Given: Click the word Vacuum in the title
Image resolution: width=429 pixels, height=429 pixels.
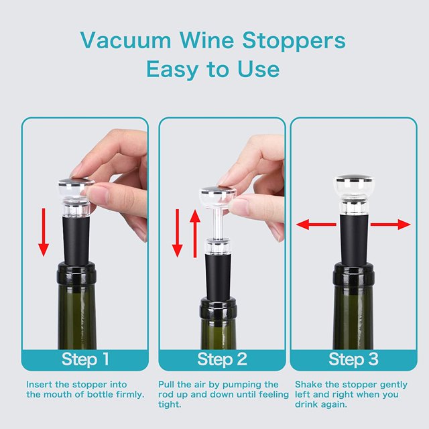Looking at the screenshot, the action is [x=126, y=40].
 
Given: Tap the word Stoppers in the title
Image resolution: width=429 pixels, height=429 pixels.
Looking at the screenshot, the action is [x=294, y=41].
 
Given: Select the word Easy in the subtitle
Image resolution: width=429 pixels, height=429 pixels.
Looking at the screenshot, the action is [x=172, y=70].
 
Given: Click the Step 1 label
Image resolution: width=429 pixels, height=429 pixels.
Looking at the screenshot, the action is [x=85, y=359].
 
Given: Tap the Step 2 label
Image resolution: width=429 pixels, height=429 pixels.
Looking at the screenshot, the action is [x=222, y=359].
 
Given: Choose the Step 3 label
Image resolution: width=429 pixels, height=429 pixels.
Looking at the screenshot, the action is [x=353, y=359].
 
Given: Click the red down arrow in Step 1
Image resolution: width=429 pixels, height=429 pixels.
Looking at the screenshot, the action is [x=43, y=232].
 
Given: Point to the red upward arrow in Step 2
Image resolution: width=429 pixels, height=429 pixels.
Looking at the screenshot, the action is [x=195, y=233].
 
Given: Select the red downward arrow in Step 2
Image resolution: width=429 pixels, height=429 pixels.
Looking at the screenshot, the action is [x=177, y=233].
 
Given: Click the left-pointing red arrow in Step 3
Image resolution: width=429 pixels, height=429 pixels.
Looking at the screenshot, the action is [x=316, y=225].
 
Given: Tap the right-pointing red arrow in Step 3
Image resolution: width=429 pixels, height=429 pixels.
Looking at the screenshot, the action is [x=391, y=225].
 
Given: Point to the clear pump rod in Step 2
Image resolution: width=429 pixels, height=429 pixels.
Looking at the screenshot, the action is [x=217, y=221].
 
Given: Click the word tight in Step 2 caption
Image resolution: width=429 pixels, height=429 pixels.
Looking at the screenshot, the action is [x=170, y=404].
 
